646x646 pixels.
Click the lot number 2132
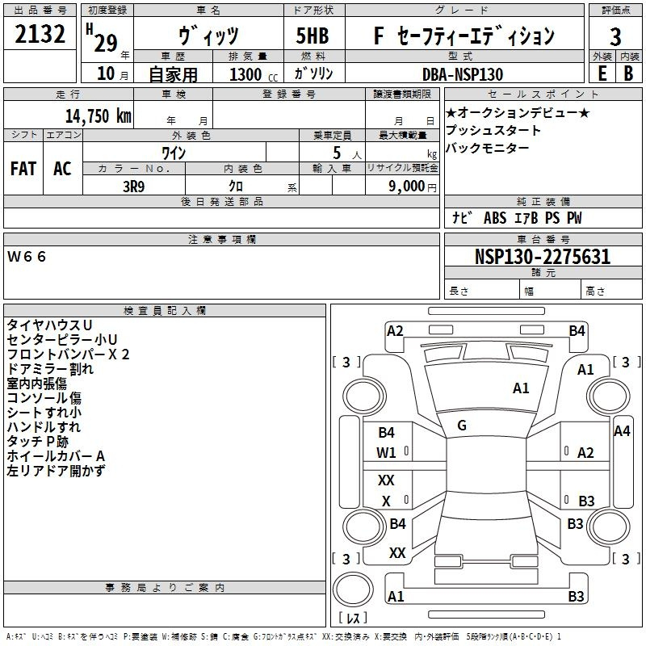40,34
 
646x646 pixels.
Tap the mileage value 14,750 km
98,115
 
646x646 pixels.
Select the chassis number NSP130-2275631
543,257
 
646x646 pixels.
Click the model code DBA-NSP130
463,74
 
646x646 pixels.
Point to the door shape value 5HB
313,36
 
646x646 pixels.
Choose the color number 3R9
133,187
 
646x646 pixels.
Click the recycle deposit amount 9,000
406,187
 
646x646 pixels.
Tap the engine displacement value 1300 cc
254,74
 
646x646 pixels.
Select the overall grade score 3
615,36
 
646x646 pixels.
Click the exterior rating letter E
602,73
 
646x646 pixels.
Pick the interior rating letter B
628,73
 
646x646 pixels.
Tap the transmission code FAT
23,169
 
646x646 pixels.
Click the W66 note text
27,257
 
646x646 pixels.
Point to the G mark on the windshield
462,426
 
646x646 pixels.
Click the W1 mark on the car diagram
386,453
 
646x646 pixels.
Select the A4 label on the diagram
622,431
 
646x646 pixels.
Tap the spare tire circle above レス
353,589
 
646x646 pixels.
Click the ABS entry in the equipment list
495,218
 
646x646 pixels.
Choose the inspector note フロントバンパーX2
68,354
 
